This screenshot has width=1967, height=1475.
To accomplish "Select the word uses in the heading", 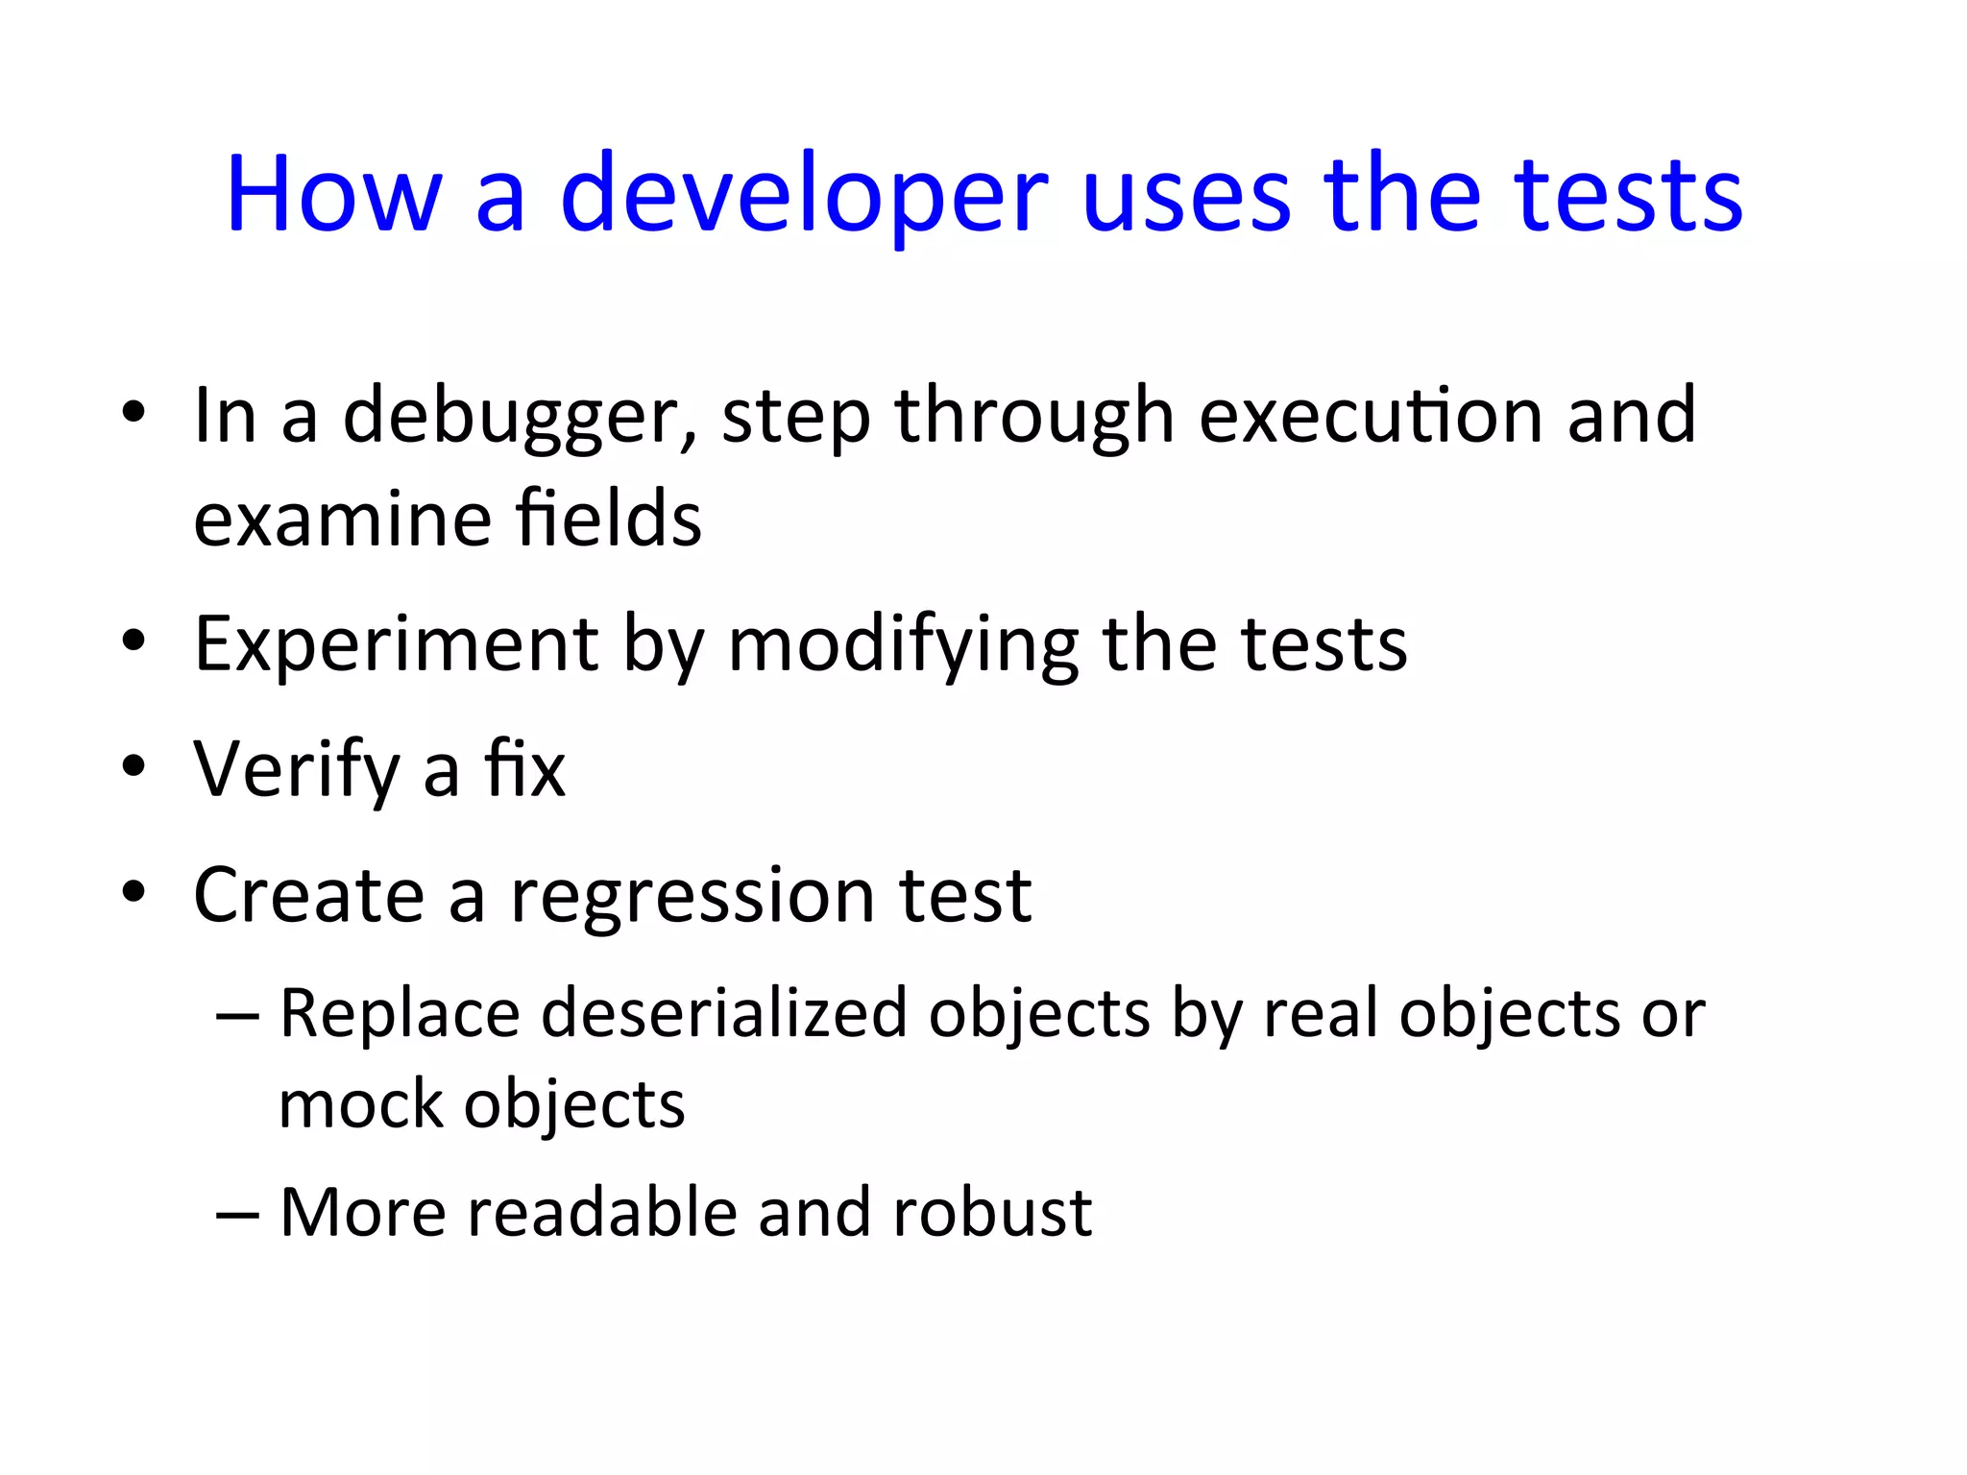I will click(x=1185, y=195).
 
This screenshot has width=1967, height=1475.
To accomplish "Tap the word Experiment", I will click(x=396, y=643).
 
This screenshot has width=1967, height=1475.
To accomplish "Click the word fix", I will click(x=524, y=769).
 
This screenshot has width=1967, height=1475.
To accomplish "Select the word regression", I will click(x=692, y=895).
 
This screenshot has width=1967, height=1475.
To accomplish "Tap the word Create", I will click(x=308, y=895).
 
